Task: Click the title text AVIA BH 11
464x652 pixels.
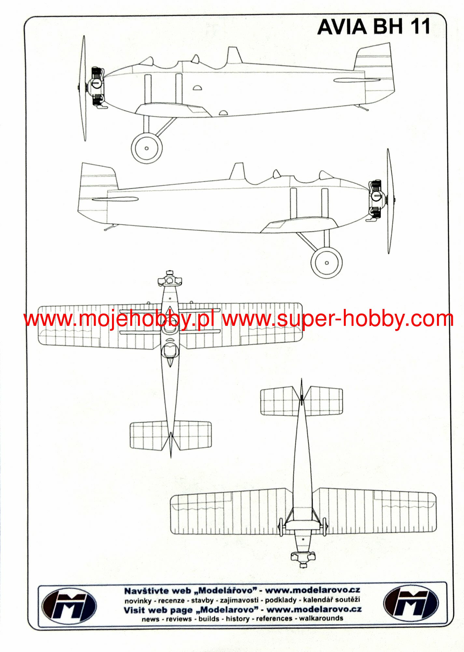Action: click(373, 27)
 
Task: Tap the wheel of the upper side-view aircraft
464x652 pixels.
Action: click(147, 148)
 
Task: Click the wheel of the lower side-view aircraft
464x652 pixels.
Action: click(327, 262)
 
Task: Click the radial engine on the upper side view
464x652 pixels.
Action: click(97, 86)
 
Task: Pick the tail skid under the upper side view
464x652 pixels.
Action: click(362, 107)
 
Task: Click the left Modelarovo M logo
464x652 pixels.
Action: click(69, 606)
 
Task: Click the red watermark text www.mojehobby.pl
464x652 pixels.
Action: click(119, 319)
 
